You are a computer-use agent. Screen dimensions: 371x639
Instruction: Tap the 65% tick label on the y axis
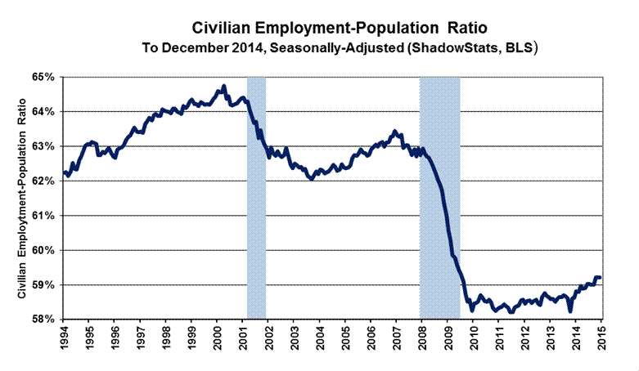(43, 77)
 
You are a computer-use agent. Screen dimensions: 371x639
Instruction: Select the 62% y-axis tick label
(43, 181)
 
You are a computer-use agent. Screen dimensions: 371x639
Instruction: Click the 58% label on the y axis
(43, 319)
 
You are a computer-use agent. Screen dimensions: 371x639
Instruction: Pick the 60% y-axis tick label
(43, 250)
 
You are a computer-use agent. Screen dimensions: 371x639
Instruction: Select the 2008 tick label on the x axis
(422, 339)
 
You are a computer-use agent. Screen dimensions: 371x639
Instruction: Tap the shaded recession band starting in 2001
(256, 196)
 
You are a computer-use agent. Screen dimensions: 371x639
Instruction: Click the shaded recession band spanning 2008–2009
(440, 196)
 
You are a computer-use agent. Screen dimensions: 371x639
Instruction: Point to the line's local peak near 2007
(395, 131)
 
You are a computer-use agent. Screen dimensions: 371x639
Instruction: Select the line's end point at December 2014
(600, 278)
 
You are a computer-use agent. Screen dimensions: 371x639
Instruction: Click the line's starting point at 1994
(64, 172)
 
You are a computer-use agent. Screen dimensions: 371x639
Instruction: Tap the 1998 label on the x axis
(166, 339)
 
